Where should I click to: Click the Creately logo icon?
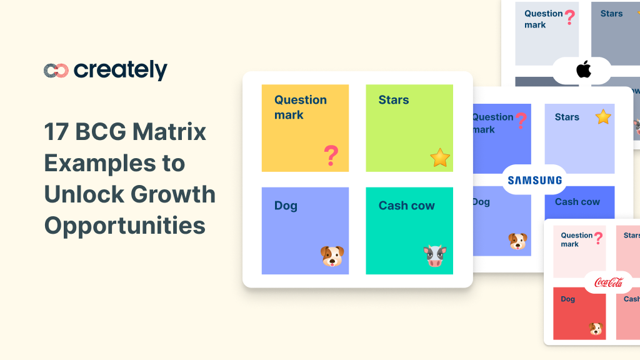click(56, 71)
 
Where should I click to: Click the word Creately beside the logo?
click(121, 71)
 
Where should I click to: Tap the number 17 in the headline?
click(56, 132)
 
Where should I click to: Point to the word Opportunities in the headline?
click(125, 225)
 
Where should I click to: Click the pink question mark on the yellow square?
click(331, 155)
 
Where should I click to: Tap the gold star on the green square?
click(440, 157)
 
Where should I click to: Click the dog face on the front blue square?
click(332, 256)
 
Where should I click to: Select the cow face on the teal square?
click(435, 256)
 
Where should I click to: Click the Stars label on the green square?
click(394, 100)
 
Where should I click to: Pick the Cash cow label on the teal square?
click(407, 206)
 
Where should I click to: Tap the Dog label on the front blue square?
click(286, 206)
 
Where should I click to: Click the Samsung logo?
click(534, 181)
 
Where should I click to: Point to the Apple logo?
click(584, 70)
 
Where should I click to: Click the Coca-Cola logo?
click(609, 282)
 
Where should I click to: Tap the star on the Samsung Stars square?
click(603, 117)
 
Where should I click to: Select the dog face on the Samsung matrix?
click(517, 241)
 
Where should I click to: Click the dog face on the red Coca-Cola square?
click(596, 329)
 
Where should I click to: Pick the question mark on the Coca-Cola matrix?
click(599, 237)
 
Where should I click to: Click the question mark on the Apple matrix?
click(569, 17)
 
